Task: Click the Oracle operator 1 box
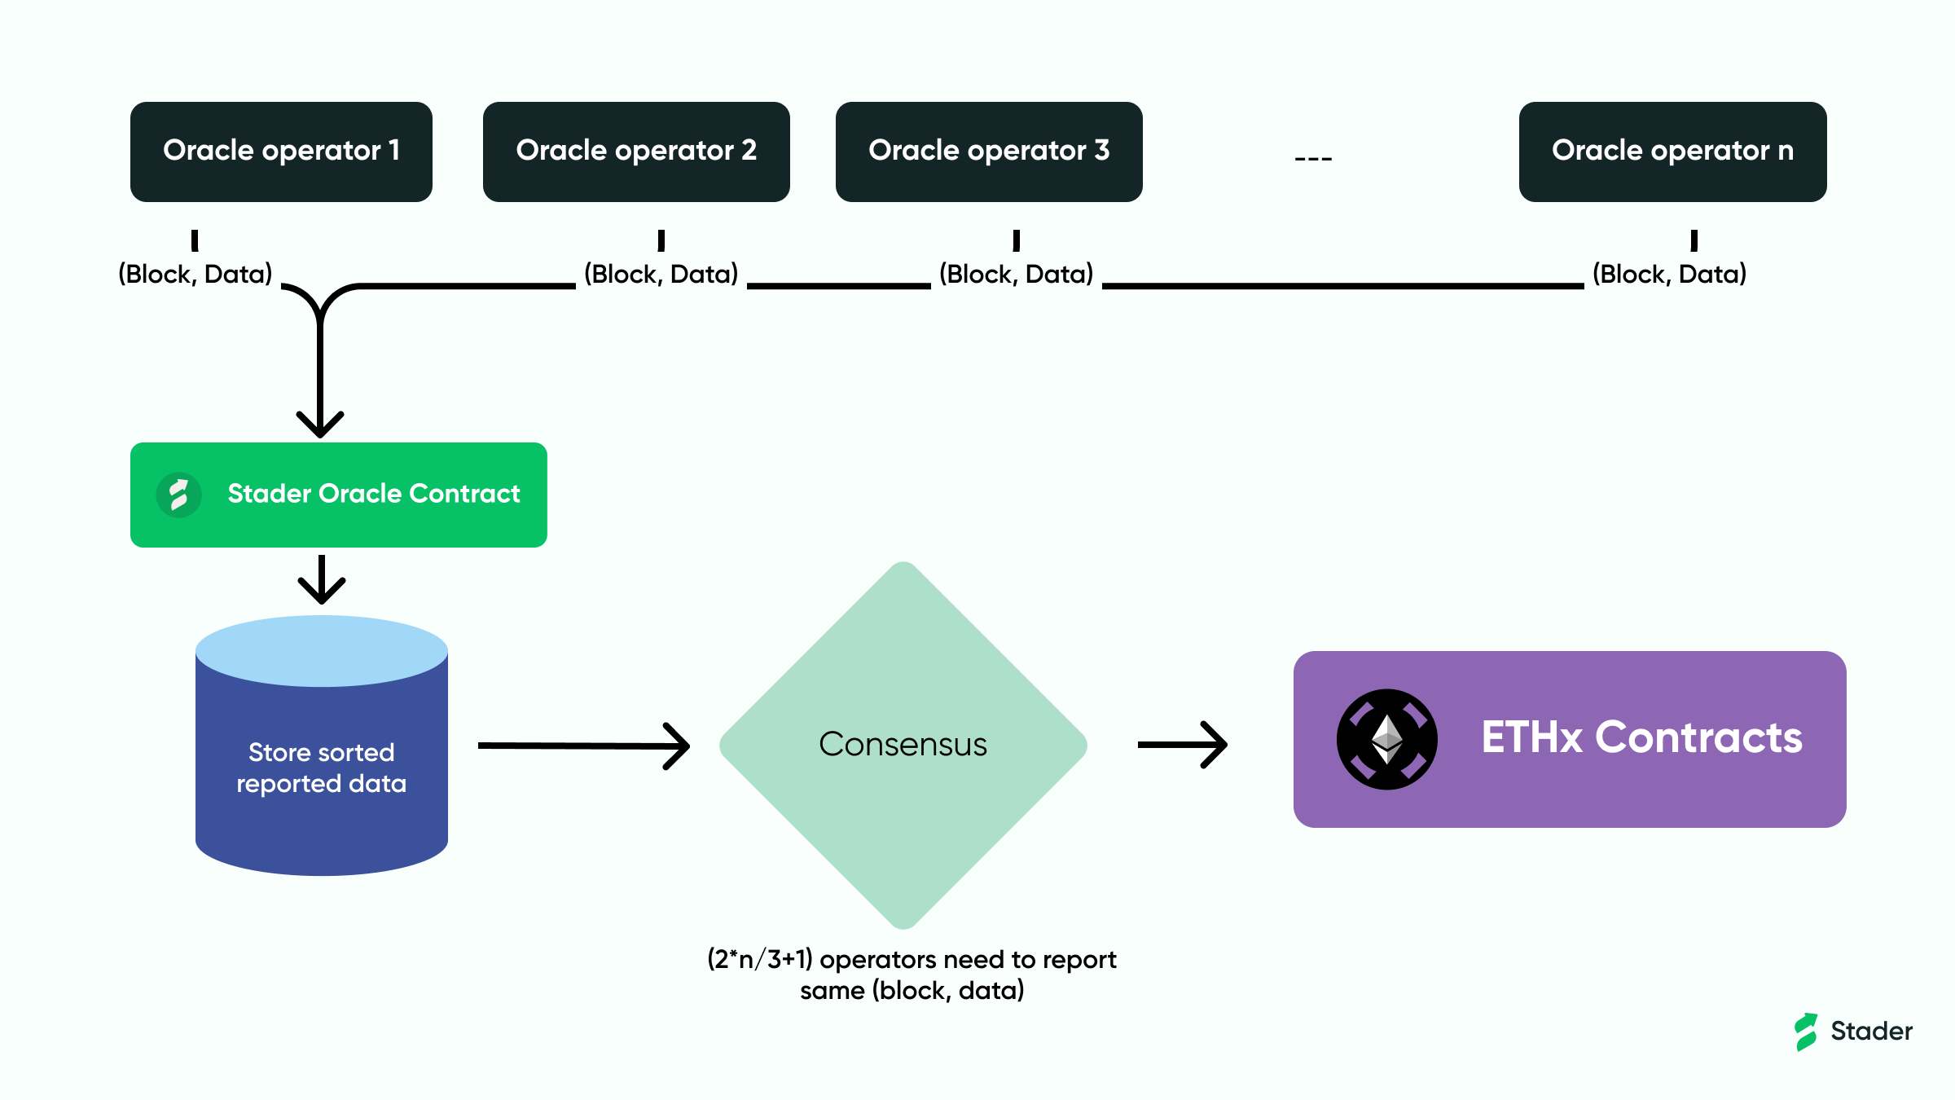point(281,152)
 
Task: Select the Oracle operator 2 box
point(636,152)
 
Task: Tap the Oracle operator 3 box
point(989,152)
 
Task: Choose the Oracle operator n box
point(1672,152)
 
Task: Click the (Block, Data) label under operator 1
point(195,274)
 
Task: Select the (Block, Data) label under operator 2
point(661,274)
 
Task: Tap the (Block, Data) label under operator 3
point(1016,274)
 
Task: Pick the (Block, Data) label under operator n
point(1669,274)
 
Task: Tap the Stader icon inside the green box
point(179,495)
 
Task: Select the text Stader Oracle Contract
point(373,494)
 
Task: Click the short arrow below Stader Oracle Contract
point(322,580)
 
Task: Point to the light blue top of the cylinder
point(322,650)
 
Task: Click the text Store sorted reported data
point(321,768)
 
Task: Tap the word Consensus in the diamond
point(903,744)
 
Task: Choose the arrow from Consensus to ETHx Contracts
point(1183,745)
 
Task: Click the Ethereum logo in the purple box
point(1386,739)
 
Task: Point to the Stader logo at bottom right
point(1852,1032)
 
